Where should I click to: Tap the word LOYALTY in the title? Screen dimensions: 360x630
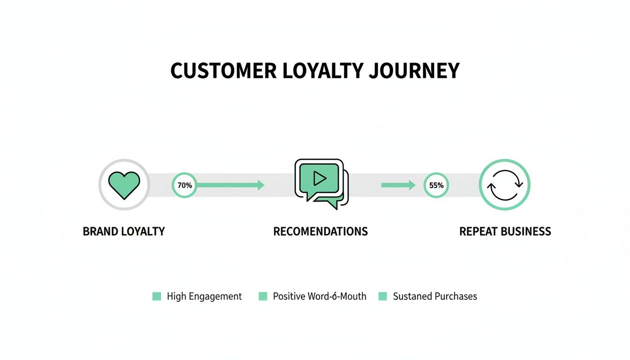tap(323, 71)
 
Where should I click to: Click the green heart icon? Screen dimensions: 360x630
tap(124, 185)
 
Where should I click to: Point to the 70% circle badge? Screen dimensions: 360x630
tap(185, 185)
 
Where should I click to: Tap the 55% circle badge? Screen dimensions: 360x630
tap(436, 185)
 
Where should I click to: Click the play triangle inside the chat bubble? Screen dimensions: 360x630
tap(320, 178)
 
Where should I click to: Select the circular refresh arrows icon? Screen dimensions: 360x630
tap(504, 185)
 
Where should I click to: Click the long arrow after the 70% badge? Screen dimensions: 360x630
tap(230, 185)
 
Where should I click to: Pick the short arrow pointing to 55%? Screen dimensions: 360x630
tap(398, 185)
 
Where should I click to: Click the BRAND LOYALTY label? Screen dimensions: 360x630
tap(124, 232)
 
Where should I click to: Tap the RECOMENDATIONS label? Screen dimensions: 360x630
tap(320, 232)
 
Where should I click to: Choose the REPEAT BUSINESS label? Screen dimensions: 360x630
tap(505, 232)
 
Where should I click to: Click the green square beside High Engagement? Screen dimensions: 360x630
tap(157, 296)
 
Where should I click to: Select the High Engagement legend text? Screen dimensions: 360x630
tap(204, 296)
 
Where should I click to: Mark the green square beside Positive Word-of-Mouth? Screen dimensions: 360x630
tap(263, 296)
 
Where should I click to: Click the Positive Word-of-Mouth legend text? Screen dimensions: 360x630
tap(320, 296)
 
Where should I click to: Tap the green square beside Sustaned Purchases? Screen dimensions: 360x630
tap(383, 296)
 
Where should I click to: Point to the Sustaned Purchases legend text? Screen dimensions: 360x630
tap(435, 296)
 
